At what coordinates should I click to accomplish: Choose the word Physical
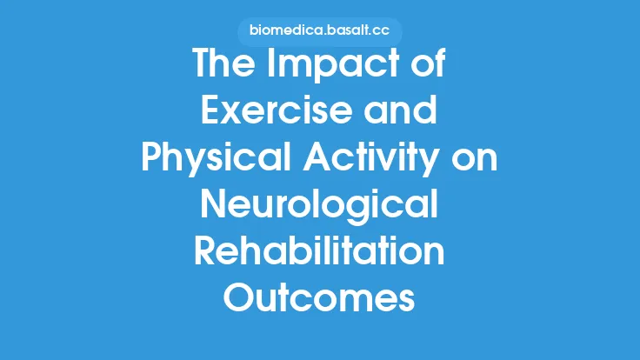click(210, 161)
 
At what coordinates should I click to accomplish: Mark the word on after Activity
click(477, 161)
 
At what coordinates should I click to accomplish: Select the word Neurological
click(319, 207)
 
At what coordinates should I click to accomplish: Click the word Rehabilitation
click(319, 253)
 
